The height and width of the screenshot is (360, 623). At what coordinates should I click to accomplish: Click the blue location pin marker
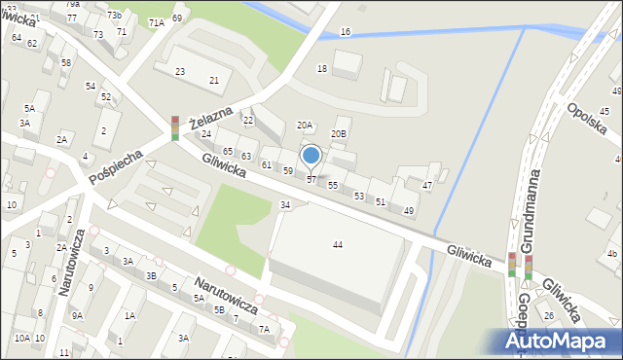[x=311, y=156]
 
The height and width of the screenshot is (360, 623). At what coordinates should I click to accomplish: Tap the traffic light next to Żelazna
[x=175, y=127]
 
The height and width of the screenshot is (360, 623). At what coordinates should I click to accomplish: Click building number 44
[x=337, y=244]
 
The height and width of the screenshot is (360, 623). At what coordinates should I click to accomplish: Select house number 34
[x=285, y=204]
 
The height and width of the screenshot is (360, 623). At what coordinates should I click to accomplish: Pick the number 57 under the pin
[x=311, y=180]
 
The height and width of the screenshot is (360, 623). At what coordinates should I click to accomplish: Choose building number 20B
[x=339, y=133]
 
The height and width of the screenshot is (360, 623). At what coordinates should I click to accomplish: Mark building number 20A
[x=305, y=125]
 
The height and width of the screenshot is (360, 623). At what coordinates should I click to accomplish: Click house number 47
[x=427, y=185]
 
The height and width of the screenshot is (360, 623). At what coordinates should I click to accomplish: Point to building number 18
[x=322, y=68]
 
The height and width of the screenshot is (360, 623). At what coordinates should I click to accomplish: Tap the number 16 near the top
[x=346, y=32]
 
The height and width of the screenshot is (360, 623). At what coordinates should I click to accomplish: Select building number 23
[x=180, y=72]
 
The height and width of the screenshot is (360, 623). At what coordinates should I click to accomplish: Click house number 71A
[x=156, y=21]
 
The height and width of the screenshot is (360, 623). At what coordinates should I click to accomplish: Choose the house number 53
[x=359, y=196]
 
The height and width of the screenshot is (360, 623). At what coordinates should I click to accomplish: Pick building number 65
[x=227, y=152]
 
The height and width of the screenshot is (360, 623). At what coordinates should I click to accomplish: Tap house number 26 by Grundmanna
[x=549, y=315]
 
